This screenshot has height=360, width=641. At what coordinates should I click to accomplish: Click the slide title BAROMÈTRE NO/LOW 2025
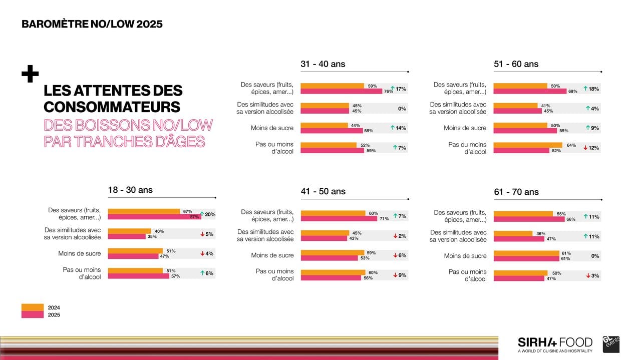coord(92,24)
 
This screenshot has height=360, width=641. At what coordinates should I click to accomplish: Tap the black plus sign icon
coord(30,75)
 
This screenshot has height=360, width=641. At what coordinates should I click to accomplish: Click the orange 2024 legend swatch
coord(33,307)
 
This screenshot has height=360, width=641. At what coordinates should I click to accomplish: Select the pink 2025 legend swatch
coord(33,314)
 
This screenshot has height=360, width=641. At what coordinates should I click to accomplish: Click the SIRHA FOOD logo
coord(555,344)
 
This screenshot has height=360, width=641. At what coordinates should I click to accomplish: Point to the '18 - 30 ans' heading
coord(130,190)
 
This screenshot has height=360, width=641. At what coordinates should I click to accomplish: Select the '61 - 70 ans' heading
coord(516,192)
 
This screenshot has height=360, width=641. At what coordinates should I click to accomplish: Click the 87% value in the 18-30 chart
coord(195,217)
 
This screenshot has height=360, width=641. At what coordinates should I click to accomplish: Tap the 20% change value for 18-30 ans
coord(209,214)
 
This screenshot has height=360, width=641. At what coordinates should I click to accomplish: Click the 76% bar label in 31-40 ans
coord(388,92)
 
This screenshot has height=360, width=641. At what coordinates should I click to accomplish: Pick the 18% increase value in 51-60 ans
coord(594,89)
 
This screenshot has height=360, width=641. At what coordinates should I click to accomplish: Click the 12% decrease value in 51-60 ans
coord(594,148)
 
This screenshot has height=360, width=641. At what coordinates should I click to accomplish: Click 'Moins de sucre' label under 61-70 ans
coord(465,256)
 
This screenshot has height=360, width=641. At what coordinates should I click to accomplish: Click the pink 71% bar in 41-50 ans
coord(341,219)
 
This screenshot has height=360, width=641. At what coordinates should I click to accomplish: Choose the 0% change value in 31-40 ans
coord(402,109)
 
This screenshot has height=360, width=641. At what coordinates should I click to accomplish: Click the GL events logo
coord(611,343)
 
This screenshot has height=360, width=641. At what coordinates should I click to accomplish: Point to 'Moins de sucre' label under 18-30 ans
coord(79,254)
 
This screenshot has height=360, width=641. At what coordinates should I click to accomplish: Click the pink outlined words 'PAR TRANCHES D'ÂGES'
coord(124,142)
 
